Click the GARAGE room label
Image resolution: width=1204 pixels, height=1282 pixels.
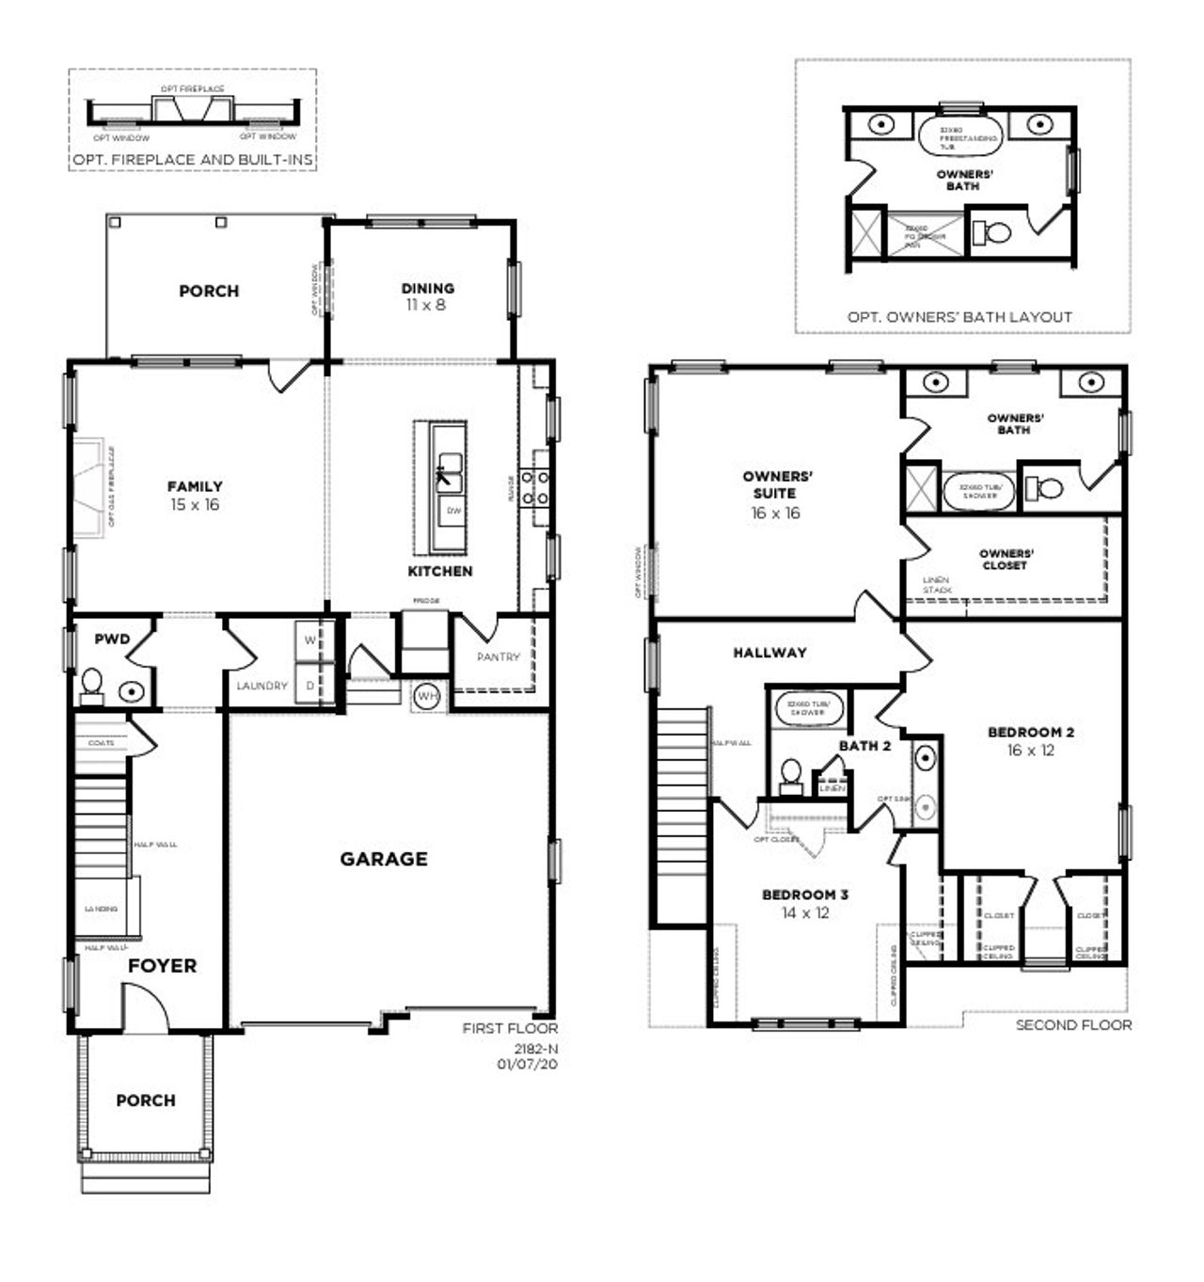click(x=383, y=859)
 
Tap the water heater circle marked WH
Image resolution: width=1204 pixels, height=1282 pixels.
click(x=427, y=696)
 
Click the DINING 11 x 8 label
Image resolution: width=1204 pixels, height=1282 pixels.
click(x=427, y=296)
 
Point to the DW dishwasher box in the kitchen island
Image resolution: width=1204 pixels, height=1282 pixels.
click(x=453, y=511)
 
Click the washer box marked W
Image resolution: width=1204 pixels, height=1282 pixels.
click(x=309, y=641)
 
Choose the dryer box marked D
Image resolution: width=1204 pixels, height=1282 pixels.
click(x=309, y=686)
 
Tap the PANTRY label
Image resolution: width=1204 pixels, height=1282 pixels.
click(x=498, y=657)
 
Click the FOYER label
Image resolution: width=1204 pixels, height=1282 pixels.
click(x=162, y=966)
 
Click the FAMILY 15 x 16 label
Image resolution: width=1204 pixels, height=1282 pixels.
click(x=195, y=496)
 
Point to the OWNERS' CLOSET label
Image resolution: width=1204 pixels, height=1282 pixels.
click(x=1006, y=560)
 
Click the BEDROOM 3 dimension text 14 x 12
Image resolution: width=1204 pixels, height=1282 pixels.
click(x=804, y=912)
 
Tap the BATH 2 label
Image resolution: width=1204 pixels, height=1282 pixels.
click(x=864, y=746)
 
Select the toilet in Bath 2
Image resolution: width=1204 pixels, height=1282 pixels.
click(x=791, y=774)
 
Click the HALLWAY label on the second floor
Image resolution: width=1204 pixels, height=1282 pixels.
click(x=769, y=652)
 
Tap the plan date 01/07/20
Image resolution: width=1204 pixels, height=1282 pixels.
click(x=527, y=1064)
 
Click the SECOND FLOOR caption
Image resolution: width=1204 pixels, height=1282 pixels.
click(x=1073, y=1024)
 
